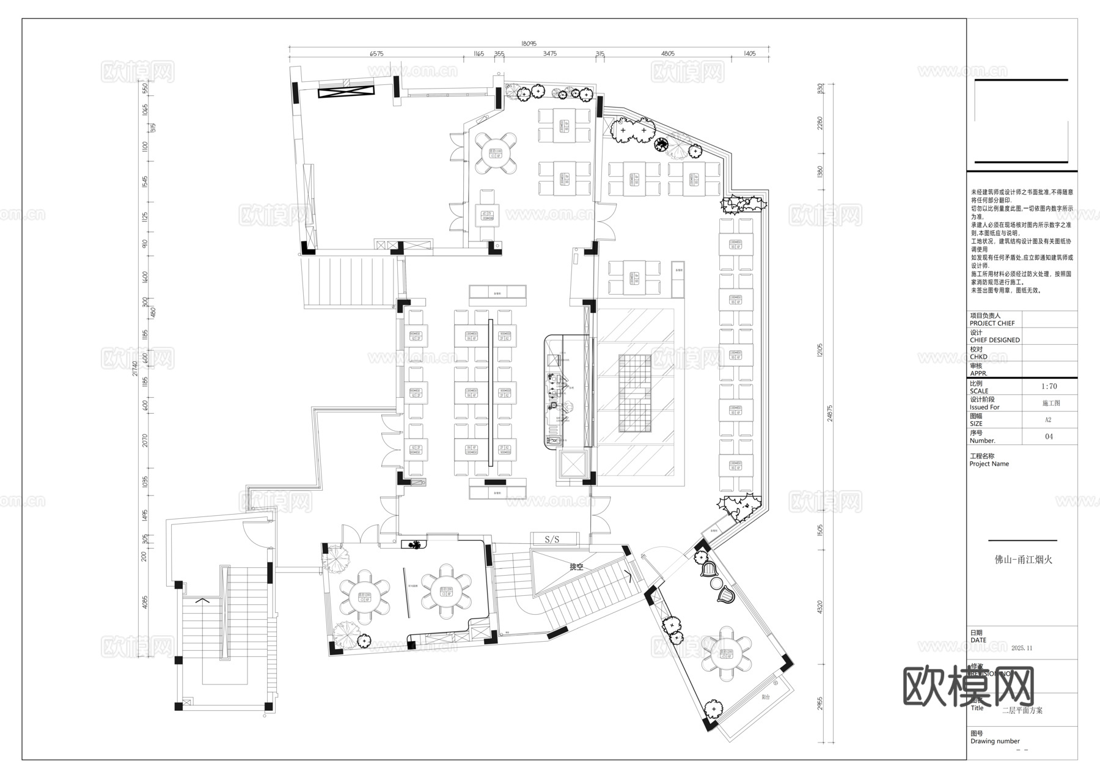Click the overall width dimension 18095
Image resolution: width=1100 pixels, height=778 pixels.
point(529,43)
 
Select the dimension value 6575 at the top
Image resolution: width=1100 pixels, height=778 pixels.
point(376,54)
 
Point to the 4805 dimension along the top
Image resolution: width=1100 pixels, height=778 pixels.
point(668,54)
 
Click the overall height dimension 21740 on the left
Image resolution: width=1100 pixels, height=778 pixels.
point(135,373)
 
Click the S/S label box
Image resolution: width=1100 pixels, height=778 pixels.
point(552,539)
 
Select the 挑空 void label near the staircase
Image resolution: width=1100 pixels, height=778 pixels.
point(576,567)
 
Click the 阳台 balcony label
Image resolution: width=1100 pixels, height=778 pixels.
point(766,697)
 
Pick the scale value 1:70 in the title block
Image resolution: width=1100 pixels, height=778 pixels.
point(1049,386)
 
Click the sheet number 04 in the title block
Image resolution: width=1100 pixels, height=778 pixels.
point(1049,436)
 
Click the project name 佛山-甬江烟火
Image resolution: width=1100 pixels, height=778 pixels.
point(1022,559)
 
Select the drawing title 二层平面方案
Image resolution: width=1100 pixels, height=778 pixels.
point(1022,710)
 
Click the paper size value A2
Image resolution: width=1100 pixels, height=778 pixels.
point(1048,420)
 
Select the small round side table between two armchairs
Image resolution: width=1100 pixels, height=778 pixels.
point(716,583)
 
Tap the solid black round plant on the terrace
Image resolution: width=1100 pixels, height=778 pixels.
point(661,144)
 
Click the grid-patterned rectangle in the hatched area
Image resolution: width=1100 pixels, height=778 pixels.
point(636,393)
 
